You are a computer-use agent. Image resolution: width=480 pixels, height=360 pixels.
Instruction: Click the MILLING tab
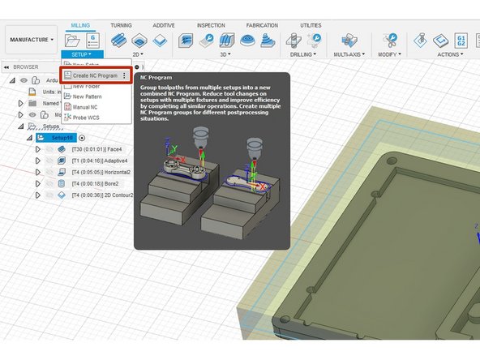pyautogui.click(x=80, y=26)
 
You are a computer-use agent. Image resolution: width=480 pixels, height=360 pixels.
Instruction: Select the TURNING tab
pyautogui.click(x=121, y=26)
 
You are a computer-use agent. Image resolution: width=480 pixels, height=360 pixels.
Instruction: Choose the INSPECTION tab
pyautogui.click(x=211, y=26)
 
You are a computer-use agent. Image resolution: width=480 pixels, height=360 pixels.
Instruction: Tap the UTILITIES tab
pyautogui.click(x=311, y=26)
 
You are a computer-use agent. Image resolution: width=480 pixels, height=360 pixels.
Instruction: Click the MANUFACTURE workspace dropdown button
pyautogui.click(x=30, y=38)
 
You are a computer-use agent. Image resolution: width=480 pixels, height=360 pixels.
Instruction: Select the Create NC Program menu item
pyautogui.click(x=96, y=75)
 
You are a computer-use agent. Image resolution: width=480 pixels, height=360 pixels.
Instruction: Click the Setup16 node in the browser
pyautogui.click(x=62, y=138)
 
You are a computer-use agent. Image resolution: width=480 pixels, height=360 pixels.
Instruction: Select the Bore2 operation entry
pyautogui.click(x=90, y=183)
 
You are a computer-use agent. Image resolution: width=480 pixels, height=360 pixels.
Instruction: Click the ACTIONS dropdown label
pyautogui.click(x=451, y=54)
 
